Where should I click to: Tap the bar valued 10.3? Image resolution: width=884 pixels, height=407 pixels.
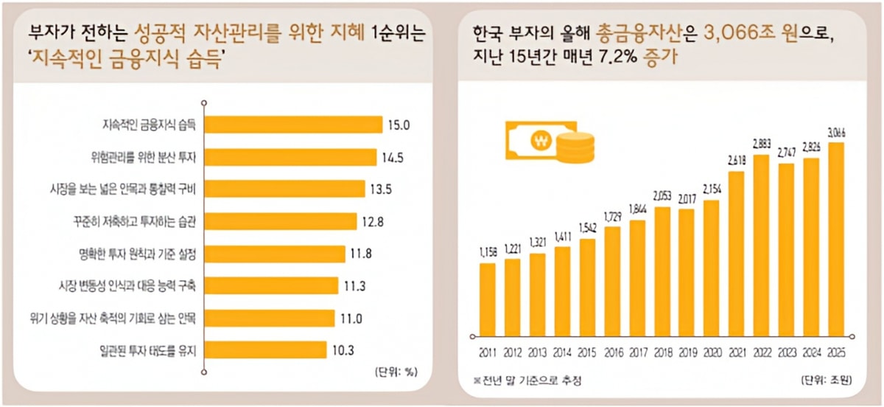(264, 348)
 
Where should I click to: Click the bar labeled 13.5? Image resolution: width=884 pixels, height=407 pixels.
(284, 188)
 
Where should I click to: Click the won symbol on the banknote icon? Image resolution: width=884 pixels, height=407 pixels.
(542, 140)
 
